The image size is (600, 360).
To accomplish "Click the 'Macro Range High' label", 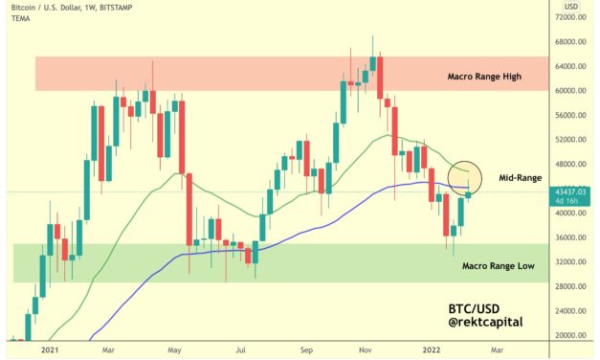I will pyautogui.click(x=483, y=76).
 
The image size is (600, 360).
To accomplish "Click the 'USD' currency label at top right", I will pyautogui.click(x=571, y=7).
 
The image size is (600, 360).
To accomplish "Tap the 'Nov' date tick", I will pyautogui.click(x=367, y=351).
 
